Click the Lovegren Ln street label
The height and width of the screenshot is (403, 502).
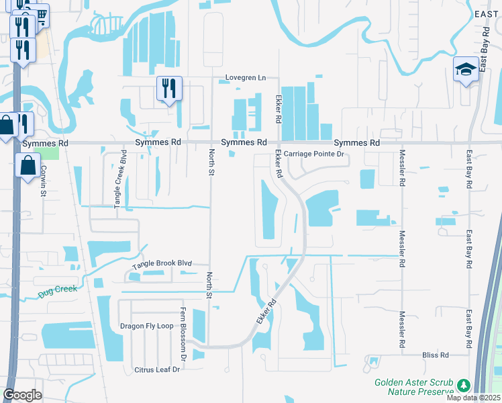pos(245,78)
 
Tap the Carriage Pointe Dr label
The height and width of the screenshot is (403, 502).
pos(313,154)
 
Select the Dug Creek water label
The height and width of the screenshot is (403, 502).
pos(58,289)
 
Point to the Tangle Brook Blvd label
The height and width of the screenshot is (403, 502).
pos(162,265)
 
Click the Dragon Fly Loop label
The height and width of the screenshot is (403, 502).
pos(146,326)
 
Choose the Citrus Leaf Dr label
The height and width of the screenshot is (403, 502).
pos(158,369)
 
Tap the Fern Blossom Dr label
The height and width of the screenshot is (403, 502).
pos(182,334)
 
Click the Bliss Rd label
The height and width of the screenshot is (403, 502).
pos(435,355)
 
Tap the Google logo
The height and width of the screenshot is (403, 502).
pos(22,395)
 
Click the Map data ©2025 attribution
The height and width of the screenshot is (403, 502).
pos(473,398)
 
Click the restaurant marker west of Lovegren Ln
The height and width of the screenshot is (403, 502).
pos(169,88)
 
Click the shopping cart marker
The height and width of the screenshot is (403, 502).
pos(40,15)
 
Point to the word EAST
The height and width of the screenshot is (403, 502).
pos(487,13)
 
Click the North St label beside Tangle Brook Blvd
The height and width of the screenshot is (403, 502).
pos(209,285)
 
